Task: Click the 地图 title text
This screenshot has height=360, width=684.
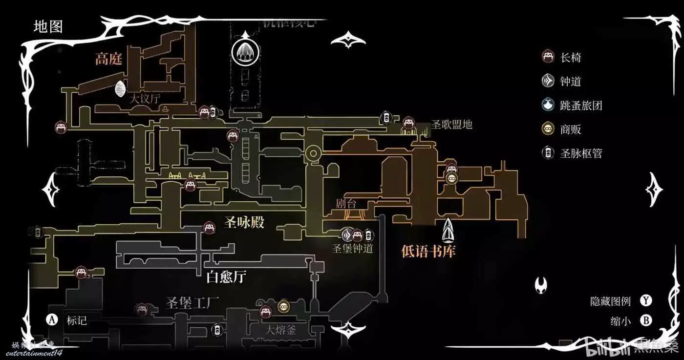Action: [48, 26]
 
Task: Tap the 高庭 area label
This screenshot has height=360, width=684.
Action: [108, 59]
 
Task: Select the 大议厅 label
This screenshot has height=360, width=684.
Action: [145, 98]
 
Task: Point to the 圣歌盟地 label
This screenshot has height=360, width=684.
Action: [452, 124]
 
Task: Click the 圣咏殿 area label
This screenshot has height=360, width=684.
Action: [244, 223]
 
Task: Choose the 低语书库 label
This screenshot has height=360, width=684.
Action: [428, 251]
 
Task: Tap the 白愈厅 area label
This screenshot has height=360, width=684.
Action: [226, 277]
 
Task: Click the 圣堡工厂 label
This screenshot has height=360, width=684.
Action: [192, 301]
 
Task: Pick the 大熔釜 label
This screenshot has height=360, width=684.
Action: [281, 330]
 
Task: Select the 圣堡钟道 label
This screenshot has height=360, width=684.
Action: [353, 249]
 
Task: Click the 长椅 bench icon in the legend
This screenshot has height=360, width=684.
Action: [548, 57]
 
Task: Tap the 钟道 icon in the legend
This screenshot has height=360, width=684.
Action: [548, 81]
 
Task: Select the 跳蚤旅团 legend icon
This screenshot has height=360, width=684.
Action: [548, 105]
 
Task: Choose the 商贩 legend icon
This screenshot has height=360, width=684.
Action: [548, 129]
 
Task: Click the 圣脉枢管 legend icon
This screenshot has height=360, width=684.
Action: [548, 153]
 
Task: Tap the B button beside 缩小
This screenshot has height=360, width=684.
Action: [646, 320]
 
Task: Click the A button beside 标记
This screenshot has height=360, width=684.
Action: [52, 320]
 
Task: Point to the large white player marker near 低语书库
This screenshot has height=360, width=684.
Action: [449, 230]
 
